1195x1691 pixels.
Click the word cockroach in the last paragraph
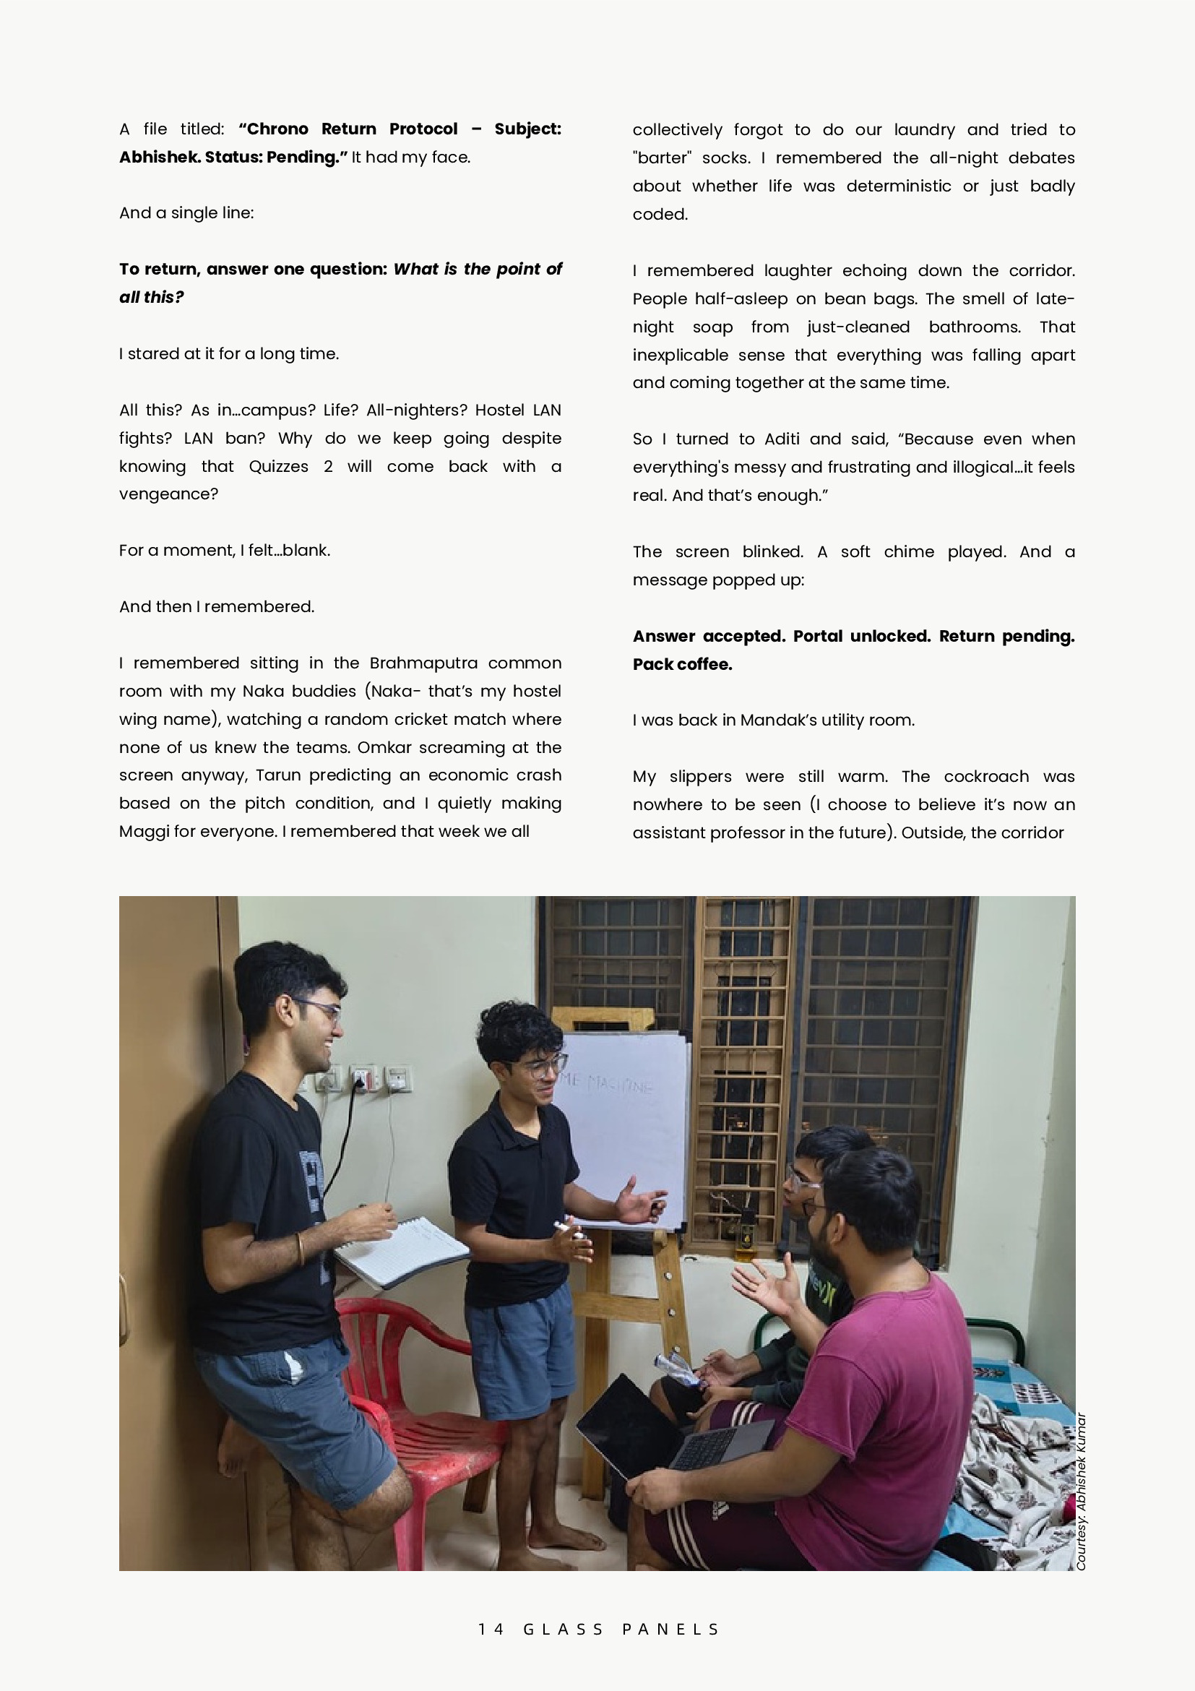coord(986,776)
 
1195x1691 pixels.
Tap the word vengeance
coord(168,494)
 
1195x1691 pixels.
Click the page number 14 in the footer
coord(491,1628)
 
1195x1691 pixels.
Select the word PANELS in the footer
coord(670,1628)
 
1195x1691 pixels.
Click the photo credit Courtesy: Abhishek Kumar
coord(1081,1491)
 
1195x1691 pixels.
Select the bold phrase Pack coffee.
coord(682,664)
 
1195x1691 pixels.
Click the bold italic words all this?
coord(152,298)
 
